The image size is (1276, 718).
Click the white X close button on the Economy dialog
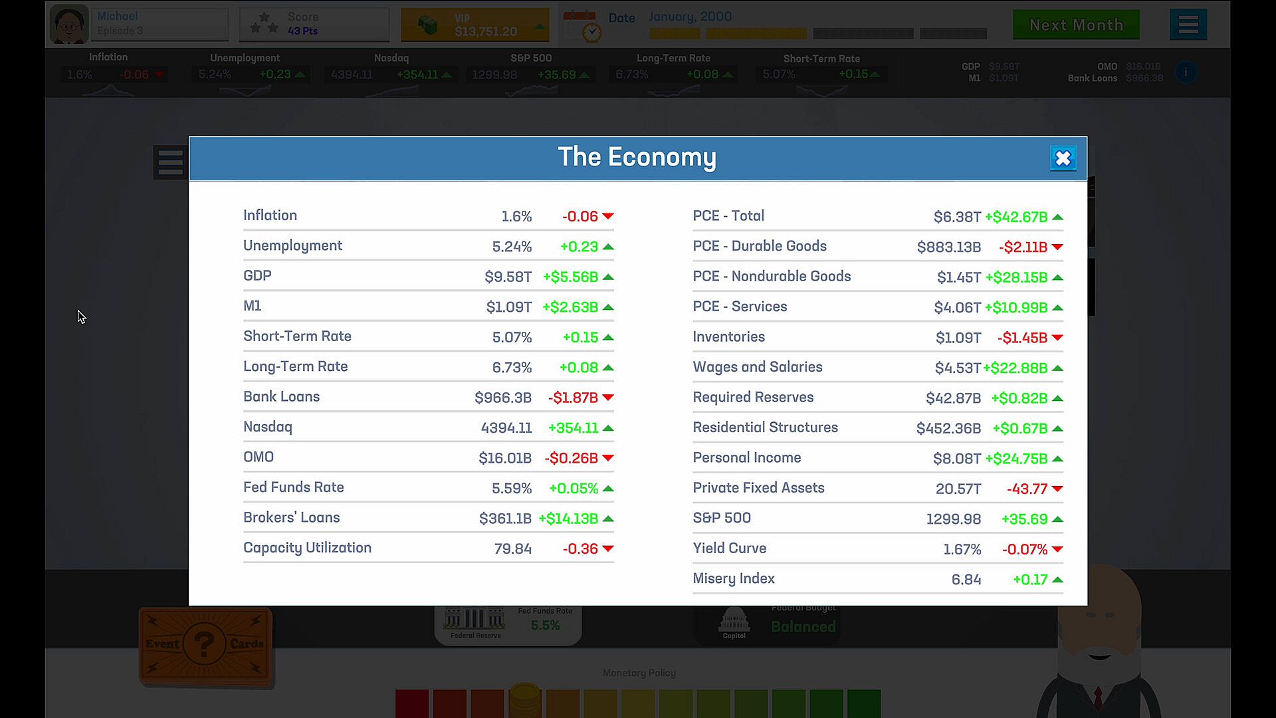[1063, 158]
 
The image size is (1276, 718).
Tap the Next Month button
[1076, 25]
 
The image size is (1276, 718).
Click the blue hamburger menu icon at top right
[1188, 25]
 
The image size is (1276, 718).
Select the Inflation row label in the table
[270, 215]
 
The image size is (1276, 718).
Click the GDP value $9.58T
[508, 277]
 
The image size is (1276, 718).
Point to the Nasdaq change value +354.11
[573, 428]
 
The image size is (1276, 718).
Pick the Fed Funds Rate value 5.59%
[512, 489]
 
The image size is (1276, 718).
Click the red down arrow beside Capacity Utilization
[607, 549]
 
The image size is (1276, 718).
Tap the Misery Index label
[734, 578]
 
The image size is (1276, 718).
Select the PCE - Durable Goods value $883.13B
[948, 247]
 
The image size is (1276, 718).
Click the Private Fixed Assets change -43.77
[1027, 489]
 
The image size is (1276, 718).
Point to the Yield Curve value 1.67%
[962, 550]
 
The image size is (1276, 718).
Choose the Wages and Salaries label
[757, 367]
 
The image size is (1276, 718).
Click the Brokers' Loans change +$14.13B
[568, 519]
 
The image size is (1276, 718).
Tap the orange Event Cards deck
[205, 645]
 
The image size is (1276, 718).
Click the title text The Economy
[637, 158]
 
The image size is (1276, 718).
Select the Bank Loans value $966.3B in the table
[502, 398]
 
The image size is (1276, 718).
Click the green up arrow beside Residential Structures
[1057, 429]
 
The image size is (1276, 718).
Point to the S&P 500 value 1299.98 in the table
[953, 519]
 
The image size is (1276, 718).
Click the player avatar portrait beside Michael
[69, 25]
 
